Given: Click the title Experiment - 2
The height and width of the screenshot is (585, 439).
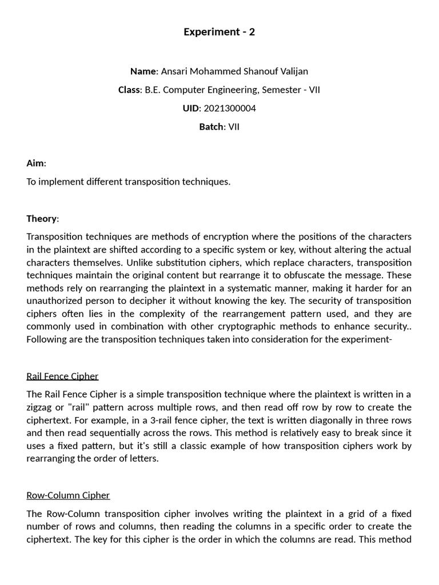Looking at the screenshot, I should [x=219, y=32].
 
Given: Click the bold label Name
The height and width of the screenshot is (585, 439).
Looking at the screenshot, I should [x=143, y=71].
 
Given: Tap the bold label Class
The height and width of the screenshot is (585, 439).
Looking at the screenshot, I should [x=129, y=90].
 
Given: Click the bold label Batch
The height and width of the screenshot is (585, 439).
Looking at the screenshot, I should [x=211, y=126].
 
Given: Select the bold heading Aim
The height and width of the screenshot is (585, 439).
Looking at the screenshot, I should [x=35, y=163].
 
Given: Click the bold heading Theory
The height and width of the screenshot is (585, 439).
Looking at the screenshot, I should [x=41, y=218].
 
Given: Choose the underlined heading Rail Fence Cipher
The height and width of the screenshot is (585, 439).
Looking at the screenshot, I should [x=62, y=376].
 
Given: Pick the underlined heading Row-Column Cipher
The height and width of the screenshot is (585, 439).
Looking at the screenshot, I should [x=68, y=495].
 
